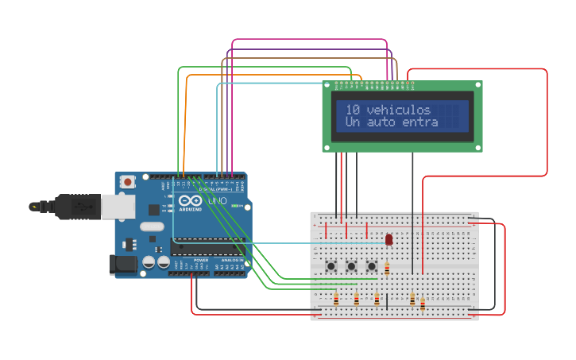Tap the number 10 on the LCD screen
click(352, 110)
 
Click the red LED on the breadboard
click(389, 239)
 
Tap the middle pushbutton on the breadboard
click(350, 265)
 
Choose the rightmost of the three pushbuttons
click(371, 265)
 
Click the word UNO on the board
click(217, 202)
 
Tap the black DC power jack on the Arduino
click(122, 264)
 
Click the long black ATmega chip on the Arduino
click(207, 247)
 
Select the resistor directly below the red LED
click(387, 269)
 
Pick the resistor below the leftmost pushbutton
click(336, 299)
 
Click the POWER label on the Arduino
click(201, 260)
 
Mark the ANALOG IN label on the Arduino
click(232, 260)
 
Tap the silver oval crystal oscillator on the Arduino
click(151, 226)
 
